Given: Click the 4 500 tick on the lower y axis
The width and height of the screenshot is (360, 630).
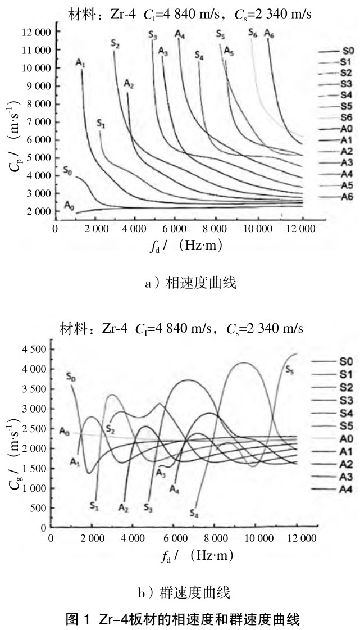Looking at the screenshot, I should click(34, 349).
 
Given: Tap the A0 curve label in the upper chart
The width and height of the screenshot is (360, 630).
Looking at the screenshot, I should click(69, 206).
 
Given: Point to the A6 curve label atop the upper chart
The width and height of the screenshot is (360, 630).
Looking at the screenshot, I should click(269, 33).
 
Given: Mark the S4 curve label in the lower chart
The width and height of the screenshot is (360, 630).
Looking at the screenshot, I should click(194, 513).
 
